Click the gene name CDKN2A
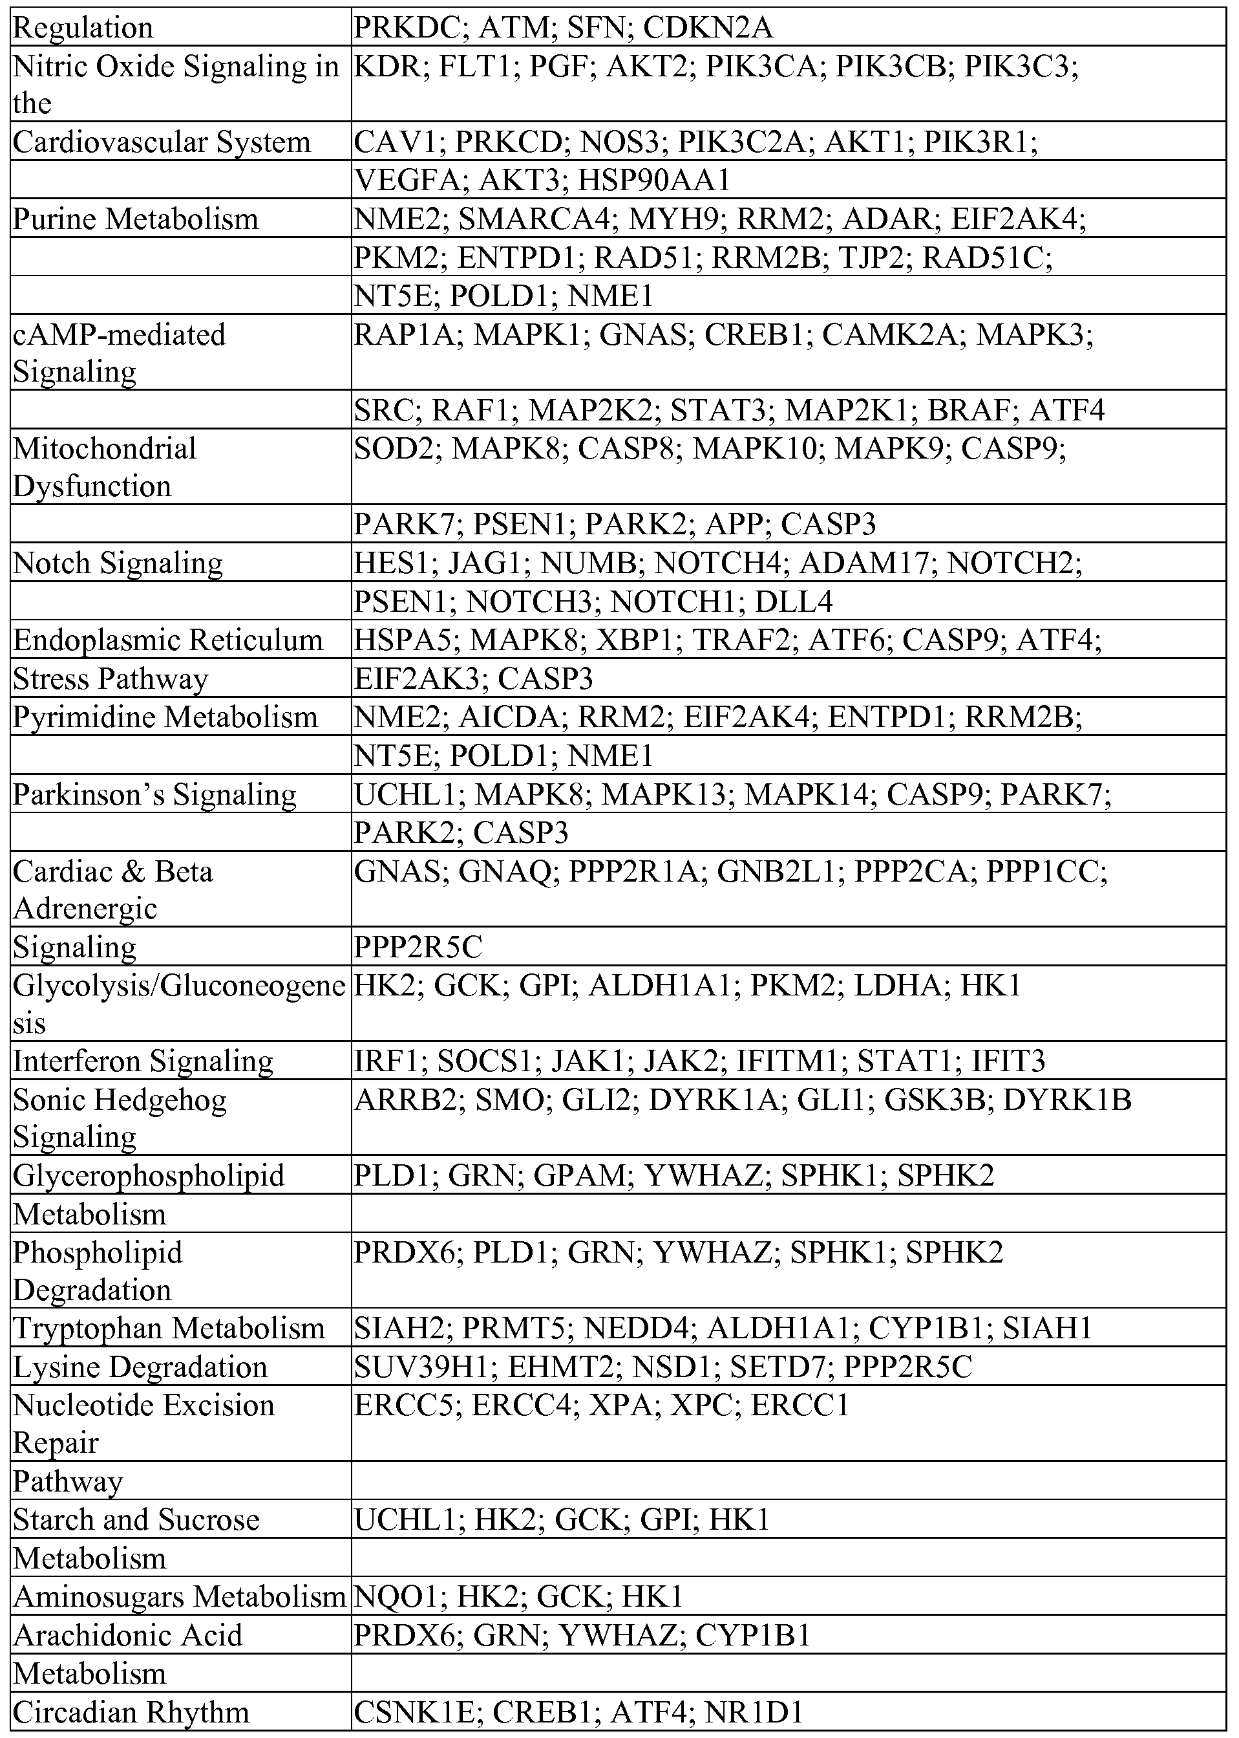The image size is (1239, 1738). pyautogui.click(x=707, y=28)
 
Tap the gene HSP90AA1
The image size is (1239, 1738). pyautogui.click(x=654, y=180)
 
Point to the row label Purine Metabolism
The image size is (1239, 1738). pyautogui.click(x=136, y=219)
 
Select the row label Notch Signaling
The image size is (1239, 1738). pyautogui.click(x=118, y=563)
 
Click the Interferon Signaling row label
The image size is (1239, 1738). pyautogui.click(x=143, y=1061)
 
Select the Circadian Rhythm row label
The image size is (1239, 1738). pyautogui.click(x=131, y=1712)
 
